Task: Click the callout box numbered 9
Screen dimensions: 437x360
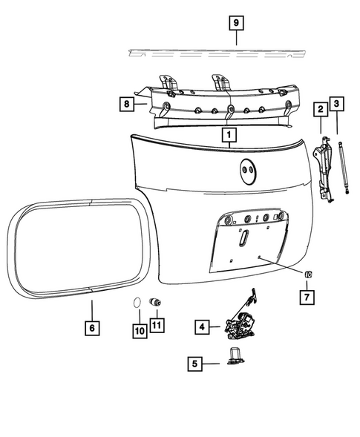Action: pos(235,24)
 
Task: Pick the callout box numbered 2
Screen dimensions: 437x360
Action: pos(321,110)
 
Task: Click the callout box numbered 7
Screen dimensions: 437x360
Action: pos(307,298)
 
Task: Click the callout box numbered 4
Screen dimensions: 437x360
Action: pos(201,326)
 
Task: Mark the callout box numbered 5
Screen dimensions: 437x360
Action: pos(194,364)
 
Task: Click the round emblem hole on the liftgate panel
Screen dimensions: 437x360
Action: pos(247,173)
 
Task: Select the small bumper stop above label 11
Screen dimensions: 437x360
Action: pos(157,303)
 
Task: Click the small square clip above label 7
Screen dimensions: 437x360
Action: pos(307,275)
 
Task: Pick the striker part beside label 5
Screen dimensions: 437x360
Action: pos(232,358)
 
